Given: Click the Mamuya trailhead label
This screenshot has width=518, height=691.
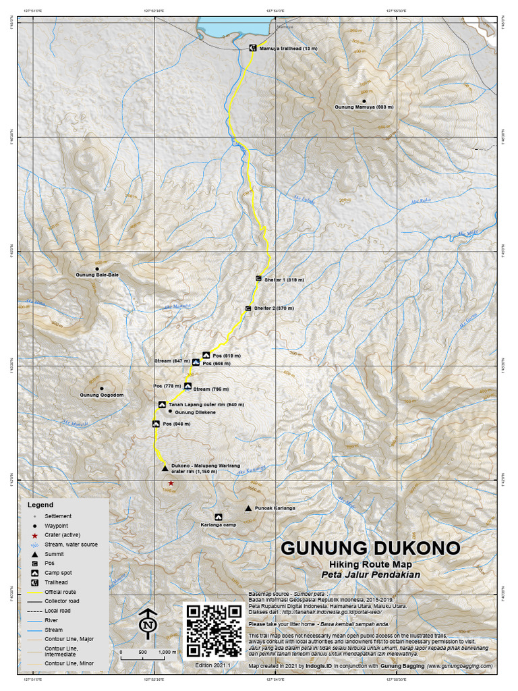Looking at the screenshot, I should point(289,49).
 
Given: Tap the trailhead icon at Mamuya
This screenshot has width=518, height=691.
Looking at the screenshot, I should point(252,48).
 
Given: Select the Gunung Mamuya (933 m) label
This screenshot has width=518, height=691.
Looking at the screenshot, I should point(364,107).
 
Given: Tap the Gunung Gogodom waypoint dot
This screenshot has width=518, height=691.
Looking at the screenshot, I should point(102,388).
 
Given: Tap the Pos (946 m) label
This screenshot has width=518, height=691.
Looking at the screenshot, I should point(177,424).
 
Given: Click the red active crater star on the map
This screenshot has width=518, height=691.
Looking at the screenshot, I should point(171,483).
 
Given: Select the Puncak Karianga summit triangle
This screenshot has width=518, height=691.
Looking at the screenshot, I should point(248,508).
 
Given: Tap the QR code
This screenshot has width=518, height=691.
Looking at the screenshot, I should point(214,630).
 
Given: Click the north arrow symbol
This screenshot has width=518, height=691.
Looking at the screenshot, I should point(146,624).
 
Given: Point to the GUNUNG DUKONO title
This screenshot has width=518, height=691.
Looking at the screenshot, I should point(370,547).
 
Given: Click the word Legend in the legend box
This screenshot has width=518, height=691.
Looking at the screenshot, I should point(40,505).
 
